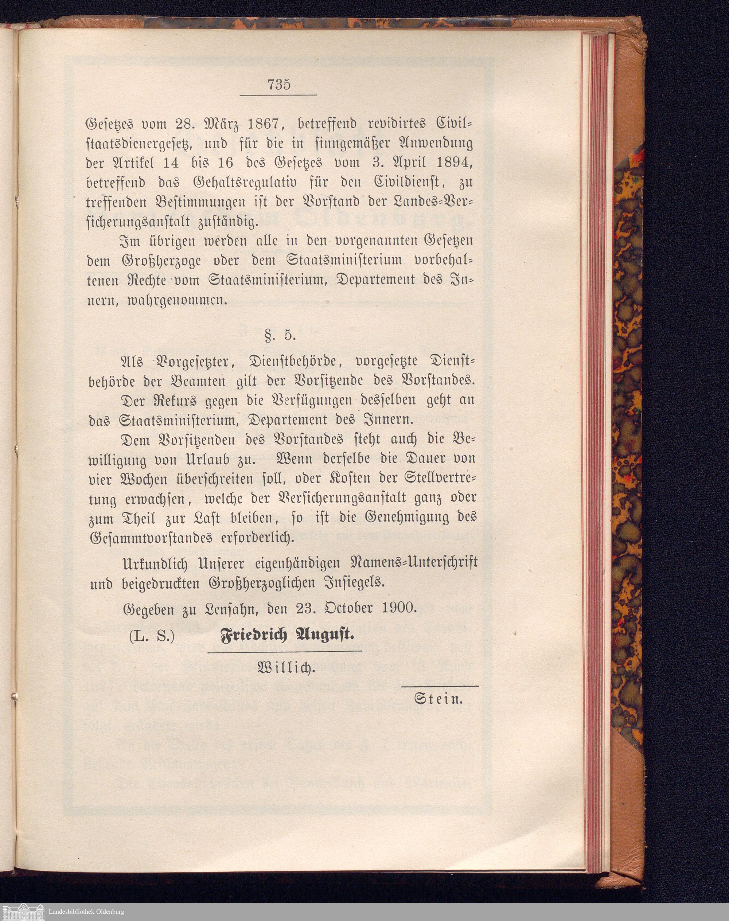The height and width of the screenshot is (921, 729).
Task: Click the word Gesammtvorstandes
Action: pyautogui.click(x=150, y=538)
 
